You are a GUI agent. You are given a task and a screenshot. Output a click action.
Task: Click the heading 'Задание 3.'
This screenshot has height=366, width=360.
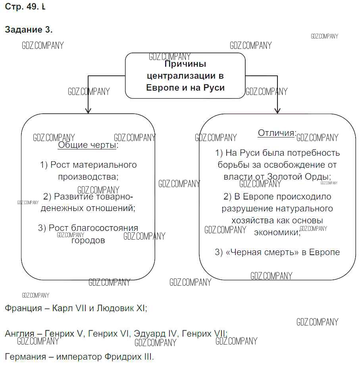click(x=29, y=30)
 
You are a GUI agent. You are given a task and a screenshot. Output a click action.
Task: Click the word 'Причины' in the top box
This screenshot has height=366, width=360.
click(x=185, y=64)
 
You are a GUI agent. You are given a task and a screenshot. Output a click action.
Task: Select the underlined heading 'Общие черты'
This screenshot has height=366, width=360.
click(x=87, y=145)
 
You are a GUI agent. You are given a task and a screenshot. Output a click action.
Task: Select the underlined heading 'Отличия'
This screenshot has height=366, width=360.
click(x=276, y=133)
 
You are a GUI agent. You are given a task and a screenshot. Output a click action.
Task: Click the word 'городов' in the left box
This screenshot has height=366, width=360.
click(x=88, y=240)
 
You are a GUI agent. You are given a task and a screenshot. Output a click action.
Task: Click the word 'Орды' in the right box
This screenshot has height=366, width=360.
click(x=319, y=176)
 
